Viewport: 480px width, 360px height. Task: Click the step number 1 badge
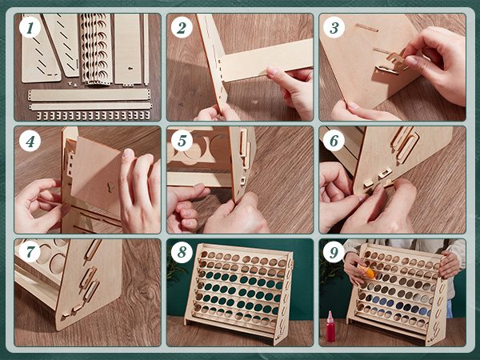pos(30,27)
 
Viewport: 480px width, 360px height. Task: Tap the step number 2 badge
pos(182,27)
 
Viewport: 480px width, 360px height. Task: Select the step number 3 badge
pos(334,27)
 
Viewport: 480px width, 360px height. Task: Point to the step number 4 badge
pos(30,141)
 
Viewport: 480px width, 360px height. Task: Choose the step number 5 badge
pos(182,141)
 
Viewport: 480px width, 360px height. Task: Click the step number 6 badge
pos(334,141)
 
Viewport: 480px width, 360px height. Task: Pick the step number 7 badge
pos(30,252)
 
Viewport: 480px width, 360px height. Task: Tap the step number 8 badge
pos(182,252)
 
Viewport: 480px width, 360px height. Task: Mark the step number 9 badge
pos(334,252)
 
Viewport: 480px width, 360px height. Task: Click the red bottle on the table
pos(330,326)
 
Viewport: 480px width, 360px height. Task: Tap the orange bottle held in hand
pos(366,272)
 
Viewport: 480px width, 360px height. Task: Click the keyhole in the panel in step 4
pos(110,186)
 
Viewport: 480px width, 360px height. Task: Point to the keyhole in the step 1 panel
pos(130,68)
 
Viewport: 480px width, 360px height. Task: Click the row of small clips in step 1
pos(94,115)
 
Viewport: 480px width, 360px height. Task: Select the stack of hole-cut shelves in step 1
pos(95,48)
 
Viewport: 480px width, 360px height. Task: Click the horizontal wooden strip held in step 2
pos(266,60)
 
